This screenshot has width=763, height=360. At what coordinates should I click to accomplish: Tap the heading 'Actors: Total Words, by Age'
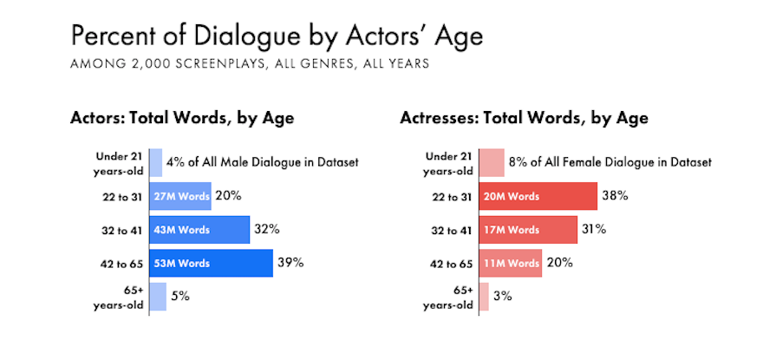pyautogui.click(x=182, y=117)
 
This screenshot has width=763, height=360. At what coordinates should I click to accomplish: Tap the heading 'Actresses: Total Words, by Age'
pyautogui.click(x=524, y=117)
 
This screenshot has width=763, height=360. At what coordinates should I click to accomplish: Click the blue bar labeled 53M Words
pyautogui.click(x=211, y=263)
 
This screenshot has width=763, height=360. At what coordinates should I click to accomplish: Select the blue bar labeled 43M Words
pyautogui.click(x=199, y=230)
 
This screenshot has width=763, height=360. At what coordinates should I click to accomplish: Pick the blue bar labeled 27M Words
pyautogui.click(x=180, y=196)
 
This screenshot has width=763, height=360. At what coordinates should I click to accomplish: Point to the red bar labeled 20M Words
pyautogui.click(x=538, y=196)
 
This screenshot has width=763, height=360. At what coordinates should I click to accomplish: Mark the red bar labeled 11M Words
pyautogui.click(x=511, y=263)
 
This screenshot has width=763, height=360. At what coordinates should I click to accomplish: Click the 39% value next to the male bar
pyautogui.click(x=290, y=262)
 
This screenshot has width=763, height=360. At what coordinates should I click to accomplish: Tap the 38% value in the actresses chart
pyautogui.click(x=615, y=195)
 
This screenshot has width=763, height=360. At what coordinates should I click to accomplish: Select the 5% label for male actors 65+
pyautogui.click(x=179, y=296)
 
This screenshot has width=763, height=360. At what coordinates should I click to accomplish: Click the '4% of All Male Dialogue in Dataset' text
pyautogui.click(x=263, y=161)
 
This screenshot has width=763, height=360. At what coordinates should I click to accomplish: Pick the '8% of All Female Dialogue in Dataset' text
pyautogui.click(x=611, y=161)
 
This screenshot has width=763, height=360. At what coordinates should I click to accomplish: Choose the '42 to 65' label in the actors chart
pyautogui.click(x=120, y=263)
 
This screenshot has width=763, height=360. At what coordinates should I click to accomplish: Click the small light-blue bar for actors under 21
pyautogui.click(x=156, y=162)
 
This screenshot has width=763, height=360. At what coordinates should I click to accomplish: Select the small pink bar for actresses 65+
pyautogui.click(x=484, y=296)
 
